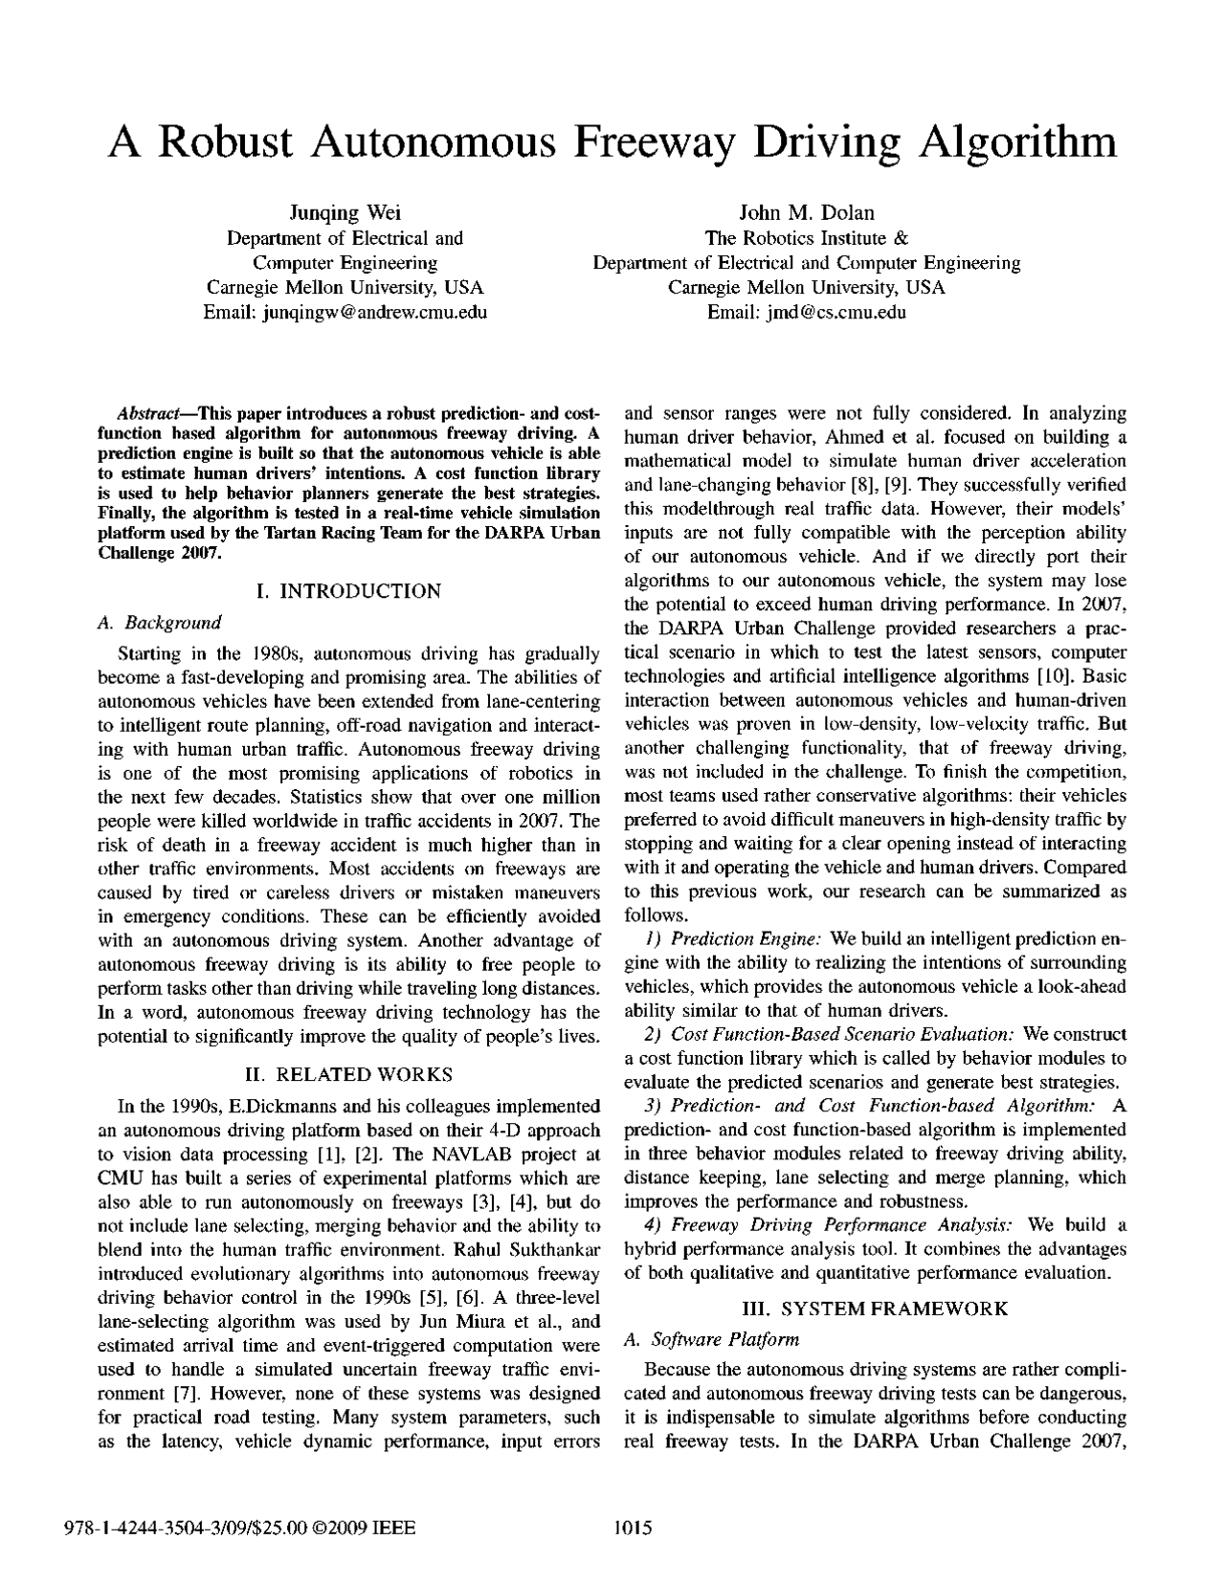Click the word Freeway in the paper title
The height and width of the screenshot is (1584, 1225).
663,143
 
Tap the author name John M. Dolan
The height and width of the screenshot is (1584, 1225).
806,212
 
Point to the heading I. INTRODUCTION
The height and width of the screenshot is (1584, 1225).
349,591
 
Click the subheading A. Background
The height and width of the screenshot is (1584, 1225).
160,623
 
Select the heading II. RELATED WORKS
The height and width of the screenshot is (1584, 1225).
349,1074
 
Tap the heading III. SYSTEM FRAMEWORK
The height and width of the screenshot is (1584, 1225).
875,1309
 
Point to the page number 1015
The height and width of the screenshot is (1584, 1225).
632,1529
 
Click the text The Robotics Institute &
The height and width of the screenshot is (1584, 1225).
806,238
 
